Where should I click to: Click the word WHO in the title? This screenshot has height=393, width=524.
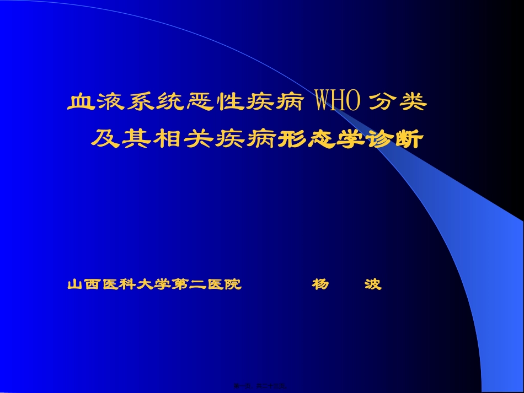click(x=337, y=102)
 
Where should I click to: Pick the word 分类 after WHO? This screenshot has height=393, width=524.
click(x=398, y=103)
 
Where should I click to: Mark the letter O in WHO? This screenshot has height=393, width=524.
click(x=354, y=102)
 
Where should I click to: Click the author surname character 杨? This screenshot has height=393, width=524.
click(x=320, y=284)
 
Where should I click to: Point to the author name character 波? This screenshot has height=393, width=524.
click(x=373, y=284)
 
